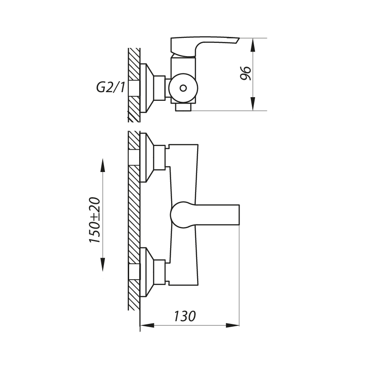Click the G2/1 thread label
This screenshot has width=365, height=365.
[x=109, y=86]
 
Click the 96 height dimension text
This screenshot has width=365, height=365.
[x=246, y=73]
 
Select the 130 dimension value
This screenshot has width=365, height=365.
[x=185, y=315]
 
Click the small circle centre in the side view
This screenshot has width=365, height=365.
[x=183, y=88]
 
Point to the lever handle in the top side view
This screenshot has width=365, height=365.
[x=203, y=46]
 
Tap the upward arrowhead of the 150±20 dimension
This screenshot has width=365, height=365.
[x=103, y=164]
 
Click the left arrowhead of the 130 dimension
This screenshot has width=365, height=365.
[x=145, y=325]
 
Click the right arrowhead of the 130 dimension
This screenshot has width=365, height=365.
[x=235, y=325]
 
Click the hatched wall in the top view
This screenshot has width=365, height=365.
[x=134, y=84]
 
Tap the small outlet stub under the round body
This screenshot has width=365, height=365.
[x=184, y=107]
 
